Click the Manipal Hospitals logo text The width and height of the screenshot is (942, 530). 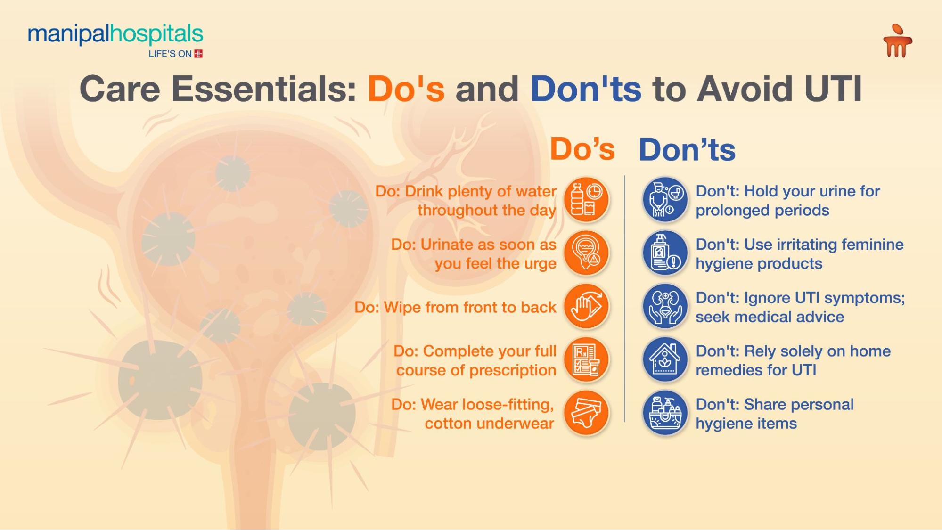click(x=115, y=34)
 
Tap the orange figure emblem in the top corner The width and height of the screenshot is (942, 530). click(x=898, y=41)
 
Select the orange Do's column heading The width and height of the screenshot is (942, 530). click(x=582, y=149)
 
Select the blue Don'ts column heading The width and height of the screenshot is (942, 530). click(x=687, y=150)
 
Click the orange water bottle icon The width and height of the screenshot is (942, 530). click(x=587, y=200)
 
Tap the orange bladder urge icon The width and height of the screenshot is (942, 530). click(x=587, y=253)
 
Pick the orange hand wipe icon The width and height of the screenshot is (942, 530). click(x=587, y=306)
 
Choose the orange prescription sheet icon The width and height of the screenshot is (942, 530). click(x=587, y=359)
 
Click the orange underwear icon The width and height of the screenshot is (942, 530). click(x=587, y=413)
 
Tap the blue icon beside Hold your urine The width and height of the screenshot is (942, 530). click(x=665, y=200)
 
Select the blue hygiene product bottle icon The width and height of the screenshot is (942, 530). click(x=665, y=253)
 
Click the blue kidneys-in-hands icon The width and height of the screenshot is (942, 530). click(x=665, y=306)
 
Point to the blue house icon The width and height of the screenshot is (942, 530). click(x=665, y=359)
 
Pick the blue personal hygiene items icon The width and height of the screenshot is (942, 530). click(x=665, y=413)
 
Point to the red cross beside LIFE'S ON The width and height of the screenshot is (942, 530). click(x=198, y=54)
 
